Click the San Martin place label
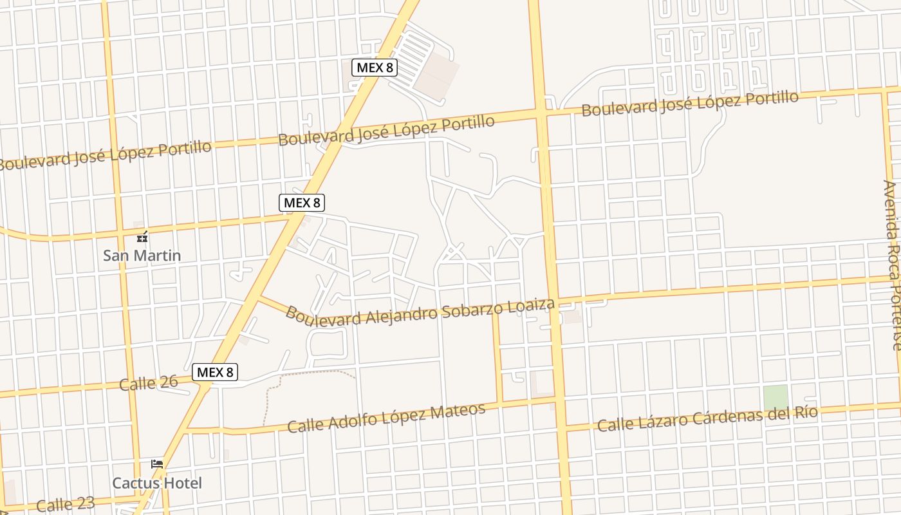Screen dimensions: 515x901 click(x=142, y=256)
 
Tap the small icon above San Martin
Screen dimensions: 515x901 click(x=142, y=237)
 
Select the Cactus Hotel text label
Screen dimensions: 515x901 click(x=157, y=483)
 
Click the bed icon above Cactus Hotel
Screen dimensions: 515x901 click(x=156, y=464)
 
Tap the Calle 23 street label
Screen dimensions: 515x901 click(x=66, y=504)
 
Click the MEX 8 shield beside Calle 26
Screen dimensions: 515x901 click(x=215, y=372)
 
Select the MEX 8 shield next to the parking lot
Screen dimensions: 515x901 click(x=374, y=67)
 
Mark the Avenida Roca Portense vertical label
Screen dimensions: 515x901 click(x=894, y=264)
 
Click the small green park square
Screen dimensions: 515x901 click(x=776, y=397)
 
